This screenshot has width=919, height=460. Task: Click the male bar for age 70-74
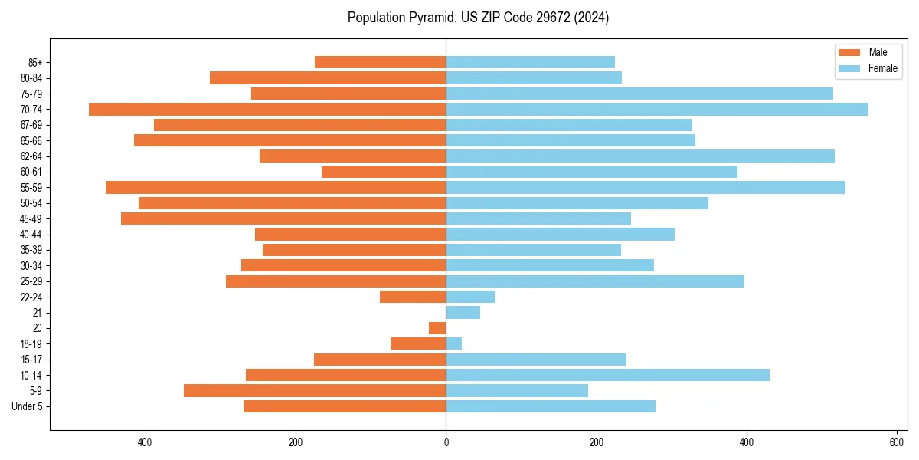(267, 110)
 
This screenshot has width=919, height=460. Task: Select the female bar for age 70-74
(657, 110)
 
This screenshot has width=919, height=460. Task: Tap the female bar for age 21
(463, 313)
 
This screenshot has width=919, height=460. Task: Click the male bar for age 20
(437, 328)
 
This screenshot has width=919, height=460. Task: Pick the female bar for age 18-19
(454, 343)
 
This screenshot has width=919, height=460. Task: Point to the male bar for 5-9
(315, 391)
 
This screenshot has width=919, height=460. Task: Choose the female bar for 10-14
(607, 375)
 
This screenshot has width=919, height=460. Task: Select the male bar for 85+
(380, 62)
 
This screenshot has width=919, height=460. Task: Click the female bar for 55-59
(646, 188)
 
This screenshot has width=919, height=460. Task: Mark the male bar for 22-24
(413, 297)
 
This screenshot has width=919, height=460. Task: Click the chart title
(478, 18)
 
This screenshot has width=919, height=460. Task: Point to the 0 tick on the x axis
(446, 442)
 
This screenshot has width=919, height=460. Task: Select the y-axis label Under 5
(27, 406)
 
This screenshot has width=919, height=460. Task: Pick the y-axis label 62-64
(31, 156)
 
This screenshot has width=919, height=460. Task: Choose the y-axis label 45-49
(31, 219)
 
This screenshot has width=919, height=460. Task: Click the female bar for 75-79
(639, 94)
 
